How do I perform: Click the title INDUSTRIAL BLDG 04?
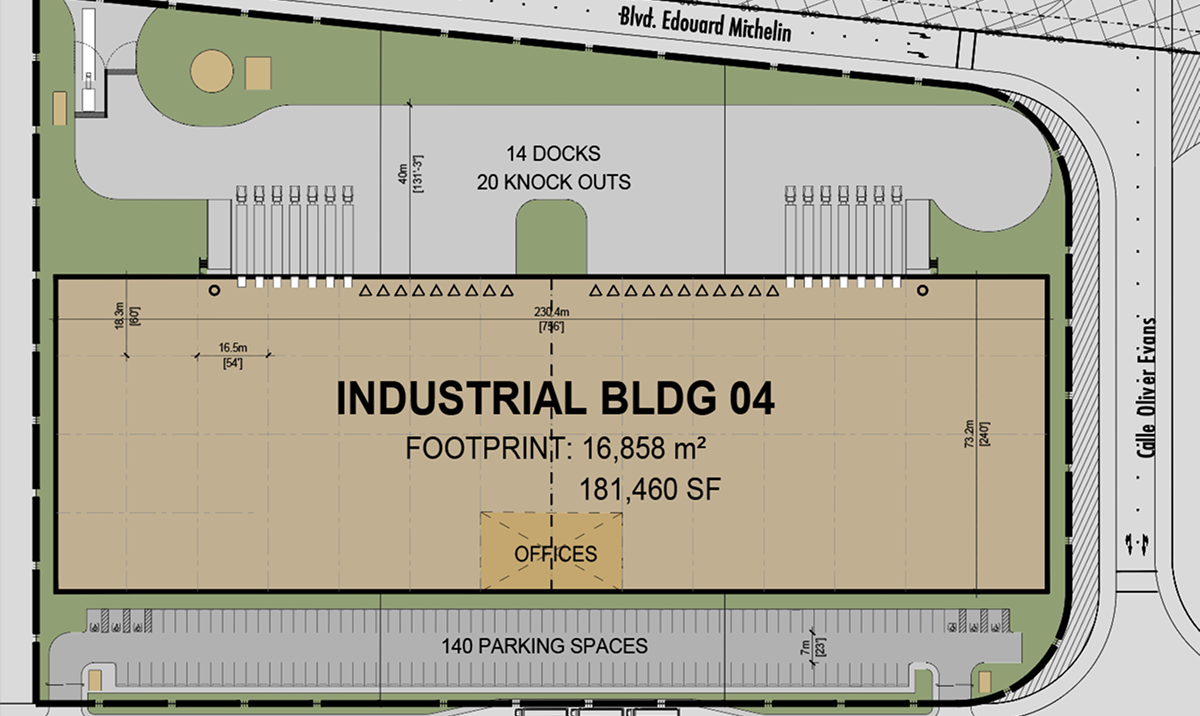coord(555,399)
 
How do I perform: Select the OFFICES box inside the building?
coord(552,551)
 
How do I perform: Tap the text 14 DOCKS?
coord(553,154)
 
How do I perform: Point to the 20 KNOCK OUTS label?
coord(553,182)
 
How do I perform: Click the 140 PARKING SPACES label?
coord(544,646)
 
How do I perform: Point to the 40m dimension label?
coord(401,177)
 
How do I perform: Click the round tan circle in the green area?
coord(213,72)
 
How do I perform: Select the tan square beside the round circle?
coord(258,72)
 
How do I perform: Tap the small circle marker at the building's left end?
coord(214,291)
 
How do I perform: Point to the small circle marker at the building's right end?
coord(922,291)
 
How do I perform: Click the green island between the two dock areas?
coord(552,240)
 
